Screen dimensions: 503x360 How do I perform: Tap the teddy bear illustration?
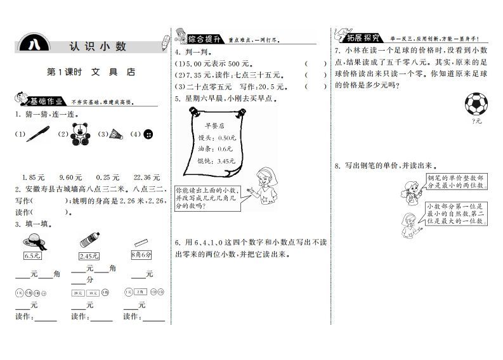79,133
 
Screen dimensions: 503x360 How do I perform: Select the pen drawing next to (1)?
38,134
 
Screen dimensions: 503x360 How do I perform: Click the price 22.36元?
147,177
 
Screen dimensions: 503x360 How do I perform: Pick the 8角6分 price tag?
141,256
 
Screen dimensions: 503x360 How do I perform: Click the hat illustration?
32,241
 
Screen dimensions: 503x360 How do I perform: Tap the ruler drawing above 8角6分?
141,243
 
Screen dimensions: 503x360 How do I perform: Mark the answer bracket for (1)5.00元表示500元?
315,63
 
